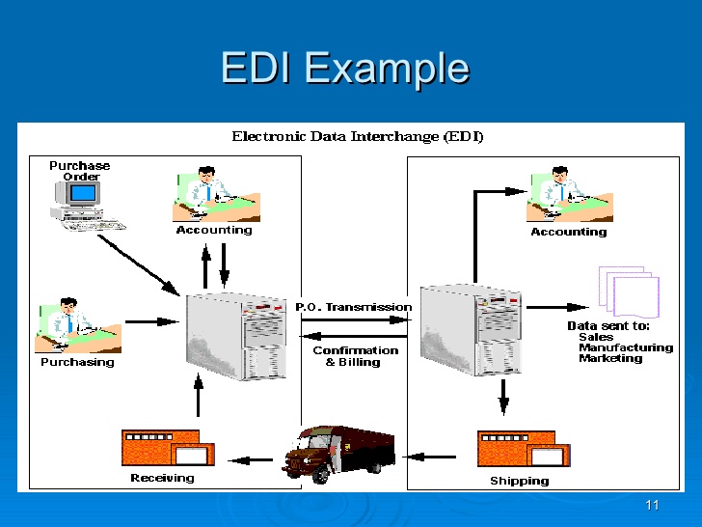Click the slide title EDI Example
[x=344, y=68]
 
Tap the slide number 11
[x=652, y=506]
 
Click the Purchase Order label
[x=80, y=171]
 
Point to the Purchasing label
[x=77, y=363]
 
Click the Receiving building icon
[x=167, y=449]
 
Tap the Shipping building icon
[x=523, y=450]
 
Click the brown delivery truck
[x=339, y=452]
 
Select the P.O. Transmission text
[x=353, y=307]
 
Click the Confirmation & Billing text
[x=355, y=356]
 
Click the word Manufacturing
[x=625, y=347]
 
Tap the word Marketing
[x=610, y=359]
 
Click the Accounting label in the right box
[x=568, y=232]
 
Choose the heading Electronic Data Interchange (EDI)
[x=358, y=136]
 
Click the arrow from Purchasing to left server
[x=152, y=321]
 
